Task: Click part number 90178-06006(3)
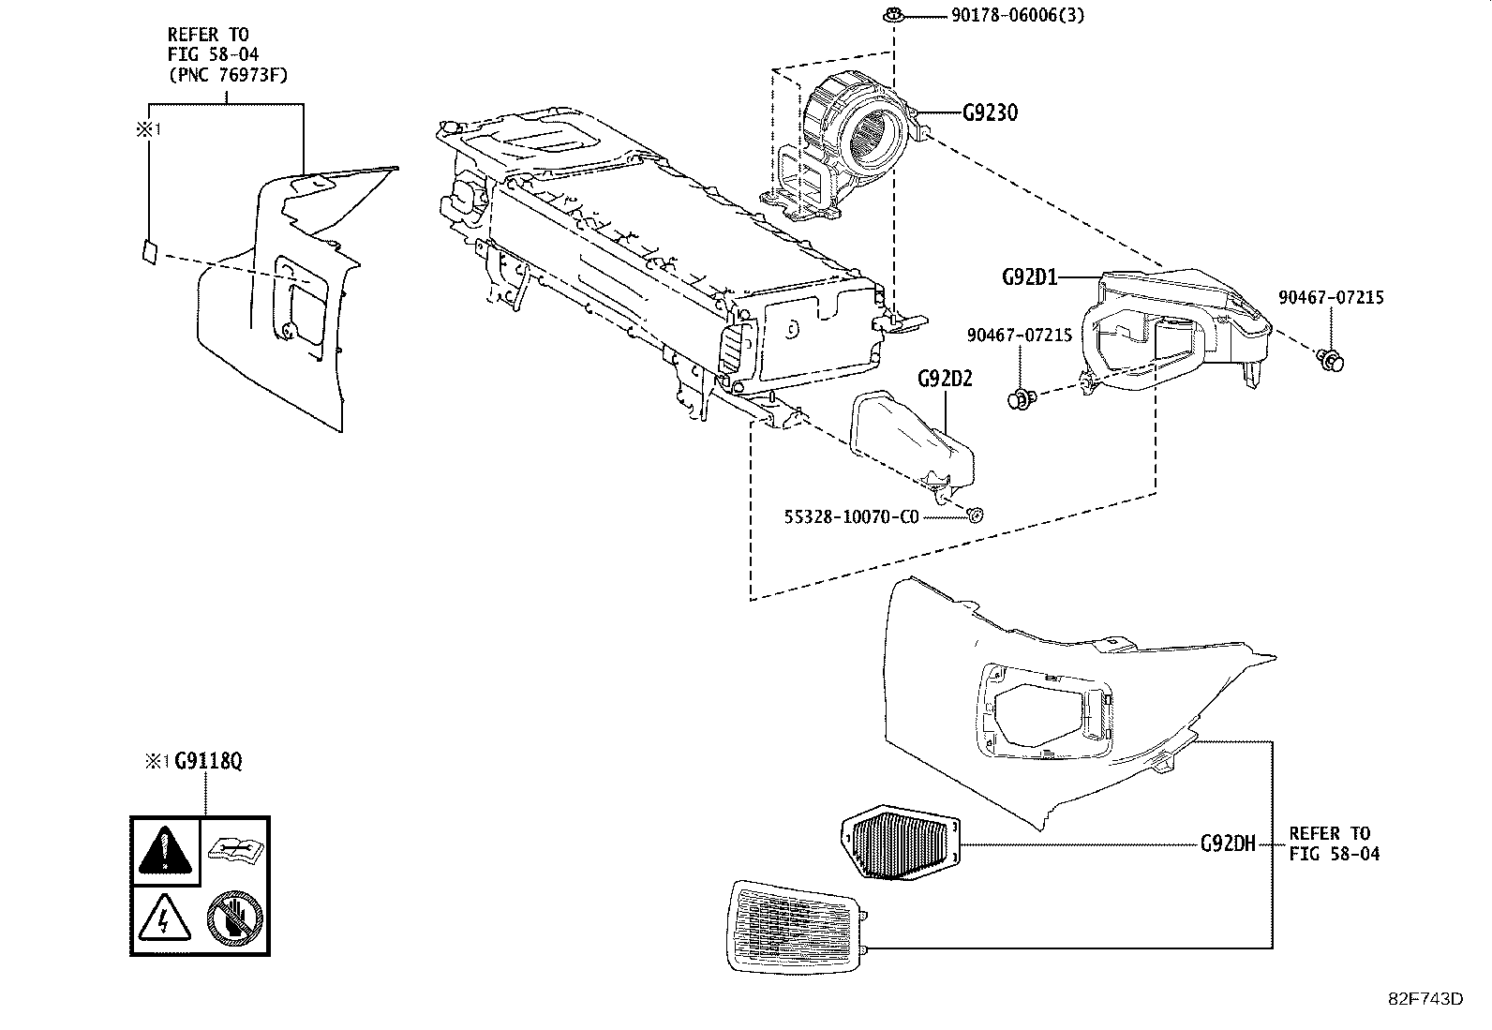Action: [1004, 15]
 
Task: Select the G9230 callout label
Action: [990, 112]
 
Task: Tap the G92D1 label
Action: [1029, 276]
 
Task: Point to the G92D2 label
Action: [945, 379]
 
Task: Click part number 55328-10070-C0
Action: [851, 516]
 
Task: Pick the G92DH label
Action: [1227, 843]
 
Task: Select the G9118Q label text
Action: [208, 762]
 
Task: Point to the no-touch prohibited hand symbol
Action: [236, 918]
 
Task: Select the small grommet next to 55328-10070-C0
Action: [975, 514]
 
